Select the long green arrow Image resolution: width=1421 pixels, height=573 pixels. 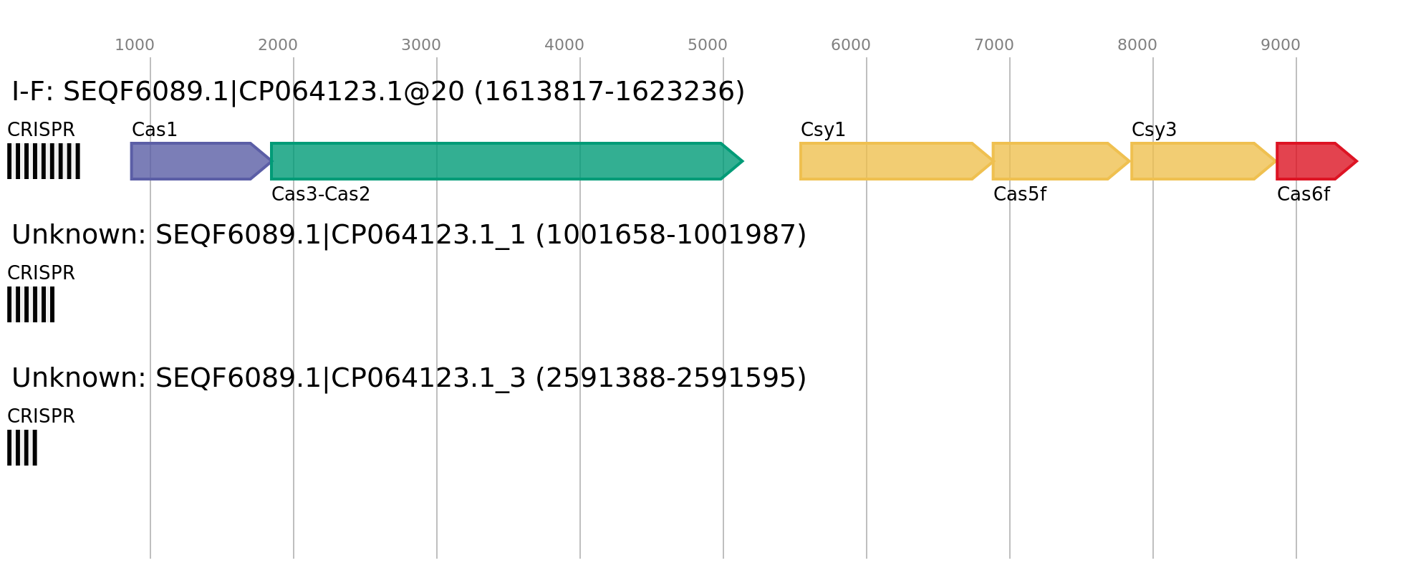501,161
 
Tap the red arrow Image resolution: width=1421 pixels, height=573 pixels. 1311,161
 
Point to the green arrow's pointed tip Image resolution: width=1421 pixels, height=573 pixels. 742,161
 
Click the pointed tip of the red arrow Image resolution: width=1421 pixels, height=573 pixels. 1356,161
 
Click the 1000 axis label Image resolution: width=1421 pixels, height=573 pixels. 135,45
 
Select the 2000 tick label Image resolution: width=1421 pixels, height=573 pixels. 278,45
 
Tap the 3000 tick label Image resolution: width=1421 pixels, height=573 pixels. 421,45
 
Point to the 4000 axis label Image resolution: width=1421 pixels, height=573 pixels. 564,45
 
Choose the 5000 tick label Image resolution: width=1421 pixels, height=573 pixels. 708,45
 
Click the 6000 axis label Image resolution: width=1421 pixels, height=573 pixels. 851,45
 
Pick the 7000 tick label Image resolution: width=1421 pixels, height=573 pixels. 994,45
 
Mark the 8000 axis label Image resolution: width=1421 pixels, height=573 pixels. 1137,45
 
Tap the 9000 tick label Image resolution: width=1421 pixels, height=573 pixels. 1281,45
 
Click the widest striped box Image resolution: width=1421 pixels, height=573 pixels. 44,161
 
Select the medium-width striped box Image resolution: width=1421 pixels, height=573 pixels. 31,304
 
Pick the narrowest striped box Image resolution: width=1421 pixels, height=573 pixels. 22,448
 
